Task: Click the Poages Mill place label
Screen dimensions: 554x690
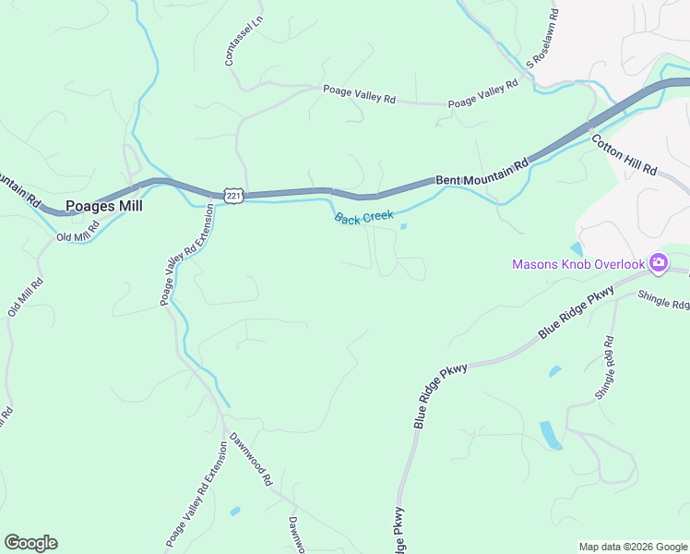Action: (104, 207)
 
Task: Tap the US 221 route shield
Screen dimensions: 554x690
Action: (233, 196)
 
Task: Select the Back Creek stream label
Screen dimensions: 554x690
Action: (363, 218)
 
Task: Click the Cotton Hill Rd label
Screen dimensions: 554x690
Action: (625, 156)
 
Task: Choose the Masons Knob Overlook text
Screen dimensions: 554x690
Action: (578, 265)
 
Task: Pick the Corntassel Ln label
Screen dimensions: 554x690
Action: (231, 41)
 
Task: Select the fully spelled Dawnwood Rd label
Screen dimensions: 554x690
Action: (251, 459)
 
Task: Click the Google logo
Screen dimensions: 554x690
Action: (30, 543)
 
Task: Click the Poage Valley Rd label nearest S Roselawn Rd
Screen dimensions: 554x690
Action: (483, 93)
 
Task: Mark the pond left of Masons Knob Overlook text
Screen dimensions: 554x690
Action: (577, 248)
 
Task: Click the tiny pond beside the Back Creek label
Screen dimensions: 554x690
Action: (403, 226)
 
